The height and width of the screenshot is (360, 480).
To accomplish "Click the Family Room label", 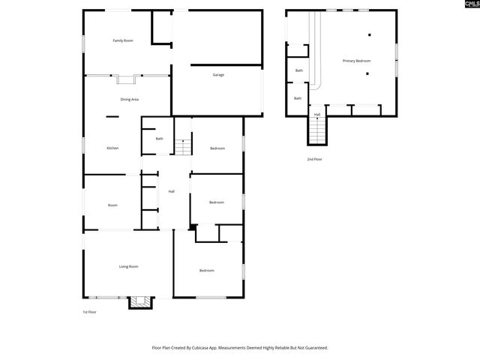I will [x=123, y=40].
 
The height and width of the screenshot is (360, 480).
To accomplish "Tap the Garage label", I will [x=218, y=75].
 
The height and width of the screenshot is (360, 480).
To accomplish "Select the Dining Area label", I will [x=130, y=99].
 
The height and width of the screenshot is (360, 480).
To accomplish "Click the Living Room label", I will [x=129, y=266].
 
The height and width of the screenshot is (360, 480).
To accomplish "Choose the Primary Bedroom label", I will [x=357, y=61].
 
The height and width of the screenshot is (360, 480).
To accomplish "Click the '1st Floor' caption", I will [x=90, y=311].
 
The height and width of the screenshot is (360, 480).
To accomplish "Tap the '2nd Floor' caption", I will [x=314, y=160].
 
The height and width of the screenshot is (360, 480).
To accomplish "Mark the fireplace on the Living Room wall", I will [x=139, y=303].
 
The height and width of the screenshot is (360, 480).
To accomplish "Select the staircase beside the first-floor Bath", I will [x=183, y=147].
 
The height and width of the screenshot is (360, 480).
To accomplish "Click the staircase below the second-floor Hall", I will [x=317, y=133].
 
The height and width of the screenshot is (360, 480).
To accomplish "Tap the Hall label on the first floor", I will [x=172, y=192].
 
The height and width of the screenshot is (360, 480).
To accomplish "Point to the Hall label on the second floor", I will [x=317, y=115].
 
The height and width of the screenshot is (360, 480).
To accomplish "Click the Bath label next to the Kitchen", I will [x=159, y=139].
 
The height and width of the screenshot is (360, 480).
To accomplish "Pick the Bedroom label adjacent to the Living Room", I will [x=206, y=270].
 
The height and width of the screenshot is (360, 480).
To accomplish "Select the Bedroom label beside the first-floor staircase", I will [x=217, y=148].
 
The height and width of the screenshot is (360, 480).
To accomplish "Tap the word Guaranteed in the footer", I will [x=314, y=348].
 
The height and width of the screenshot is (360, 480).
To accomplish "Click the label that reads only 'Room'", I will [x=112, y=205].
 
